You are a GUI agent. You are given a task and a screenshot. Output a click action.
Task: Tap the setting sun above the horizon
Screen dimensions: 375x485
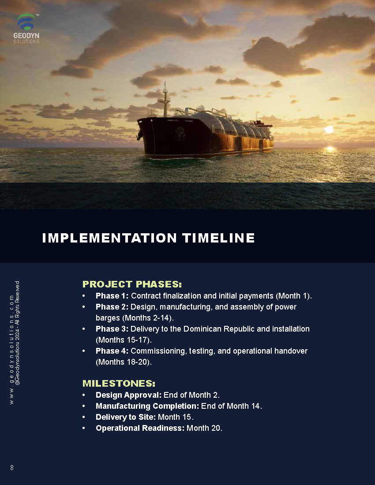click(329, 130)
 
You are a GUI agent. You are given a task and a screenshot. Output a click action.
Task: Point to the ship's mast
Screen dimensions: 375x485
click(165, 99)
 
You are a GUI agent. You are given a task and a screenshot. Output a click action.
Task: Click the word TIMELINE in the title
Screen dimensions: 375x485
click(218, 238)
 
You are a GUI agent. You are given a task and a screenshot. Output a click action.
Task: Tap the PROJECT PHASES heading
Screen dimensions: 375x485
click(132, 284)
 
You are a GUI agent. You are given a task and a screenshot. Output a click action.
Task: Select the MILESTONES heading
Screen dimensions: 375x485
click(119, 384)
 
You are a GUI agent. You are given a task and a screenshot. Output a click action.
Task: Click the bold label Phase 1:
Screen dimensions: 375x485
click(112, 296)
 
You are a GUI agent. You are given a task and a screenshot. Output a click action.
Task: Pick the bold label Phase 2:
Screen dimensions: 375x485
click(112, 307)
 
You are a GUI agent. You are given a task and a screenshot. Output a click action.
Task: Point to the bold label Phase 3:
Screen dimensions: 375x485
click(112, 329)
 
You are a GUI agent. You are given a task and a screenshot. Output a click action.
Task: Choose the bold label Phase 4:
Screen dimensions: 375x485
click(112, 351)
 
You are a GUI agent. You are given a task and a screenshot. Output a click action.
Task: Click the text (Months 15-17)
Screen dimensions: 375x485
click(124, 340)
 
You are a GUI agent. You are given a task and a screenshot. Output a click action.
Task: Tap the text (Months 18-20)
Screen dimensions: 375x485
click(124, 362)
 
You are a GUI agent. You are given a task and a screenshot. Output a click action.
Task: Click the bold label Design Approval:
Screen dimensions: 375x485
click(129, 395)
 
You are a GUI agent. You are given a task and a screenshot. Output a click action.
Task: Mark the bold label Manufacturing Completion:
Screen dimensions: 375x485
click(147, 406)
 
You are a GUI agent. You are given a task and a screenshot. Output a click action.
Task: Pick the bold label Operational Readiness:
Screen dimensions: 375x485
click(140, 429)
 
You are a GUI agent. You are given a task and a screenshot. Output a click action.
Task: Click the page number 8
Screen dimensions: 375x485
click(12, 468)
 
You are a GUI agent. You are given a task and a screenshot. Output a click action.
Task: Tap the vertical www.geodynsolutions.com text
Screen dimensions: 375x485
click(11, 350)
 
